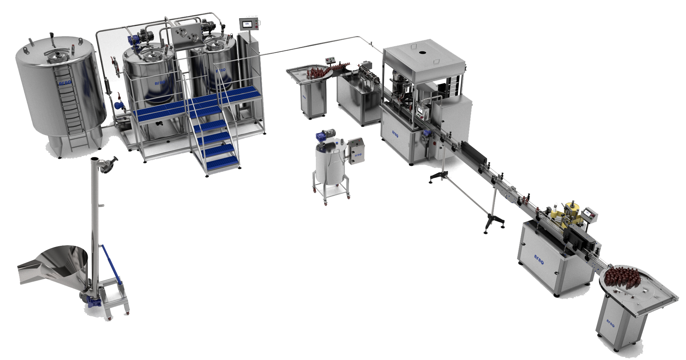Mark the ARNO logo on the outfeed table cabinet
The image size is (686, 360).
[x=611, y=323]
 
